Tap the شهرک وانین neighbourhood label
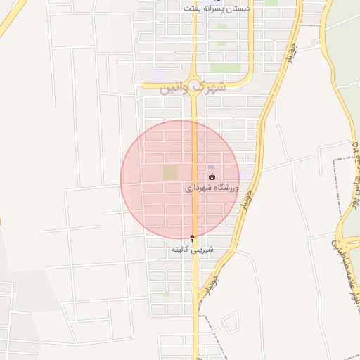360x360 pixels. coord(193,88)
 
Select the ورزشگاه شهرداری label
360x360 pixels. coord(212,188)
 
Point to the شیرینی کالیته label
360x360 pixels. coord(193,250)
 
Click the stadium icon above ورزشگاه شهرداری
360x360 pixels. coord(212,176)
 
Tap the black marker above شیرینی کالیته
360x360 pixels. coord(193,238)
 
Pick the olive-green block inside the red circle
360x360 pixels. coord(170,172)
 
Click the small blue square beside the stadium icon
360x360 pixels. coord(211,167)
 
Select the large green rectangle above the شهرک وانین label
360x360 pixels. coord(225,68)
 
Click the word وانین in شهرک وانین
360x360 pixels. coord(174,89)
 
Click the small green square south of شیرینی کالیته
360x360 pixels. coord(166,295)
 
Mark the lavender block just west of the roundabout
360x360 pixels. coord(159,73)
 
